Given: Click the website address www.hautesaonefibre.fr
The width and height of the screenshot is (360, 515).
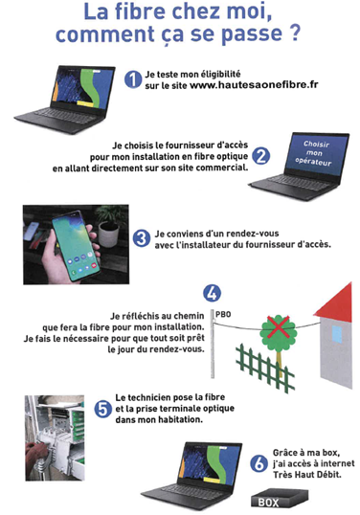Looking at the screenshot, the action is [254, 85].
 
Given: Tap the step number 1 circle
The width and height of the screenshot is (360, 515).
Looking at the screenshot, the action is [133, 79].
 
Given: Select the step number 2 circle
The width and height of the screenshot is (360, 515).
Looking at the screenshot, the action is [260, 156].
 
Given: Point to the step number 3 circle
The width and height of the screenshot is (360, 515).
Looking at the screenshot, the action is [142, 238].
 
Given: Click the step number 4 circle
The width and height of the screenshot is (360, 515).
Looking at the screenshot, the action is [212, 293].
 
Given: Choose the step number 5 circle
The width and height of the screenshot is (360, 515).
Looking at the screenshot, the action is [103, 410].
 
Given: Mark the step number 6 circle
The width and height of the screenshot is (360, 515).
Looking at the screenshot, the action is [259, 463].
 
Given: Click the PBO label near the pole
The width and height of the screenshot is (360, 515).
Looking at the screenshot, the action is [223, 315].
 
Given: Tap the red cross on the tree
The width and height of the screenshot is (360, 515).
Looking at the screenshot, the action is [279, 327].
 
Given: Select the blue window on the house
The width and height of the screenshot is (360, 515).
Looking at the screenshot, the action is [337, 334].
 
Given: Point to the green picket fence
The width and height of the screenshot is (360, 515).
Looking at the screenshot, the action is [264, 368].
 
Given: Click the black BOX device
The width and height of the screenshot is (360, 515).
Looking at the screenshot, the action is [280, 498].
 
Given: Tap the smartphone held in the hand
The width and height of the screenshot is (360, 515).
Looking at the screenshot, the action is [77, 245].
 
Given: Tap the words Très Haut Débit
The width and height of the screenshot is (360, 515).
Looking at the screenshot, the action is [306, 475].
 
